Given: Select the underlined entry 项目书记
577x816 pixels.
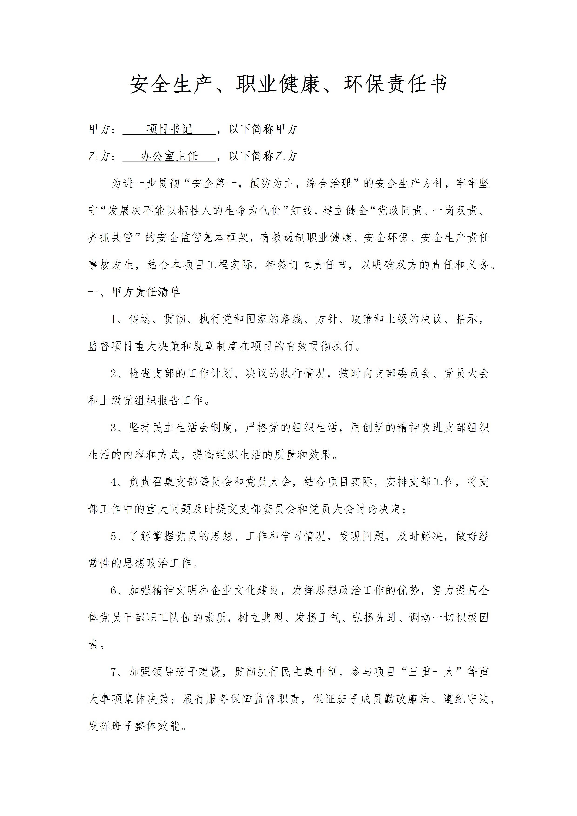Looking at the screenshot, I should coord(169,129).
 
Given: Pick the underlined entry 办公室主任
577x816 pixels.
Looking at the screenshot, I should coord(169,156).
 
